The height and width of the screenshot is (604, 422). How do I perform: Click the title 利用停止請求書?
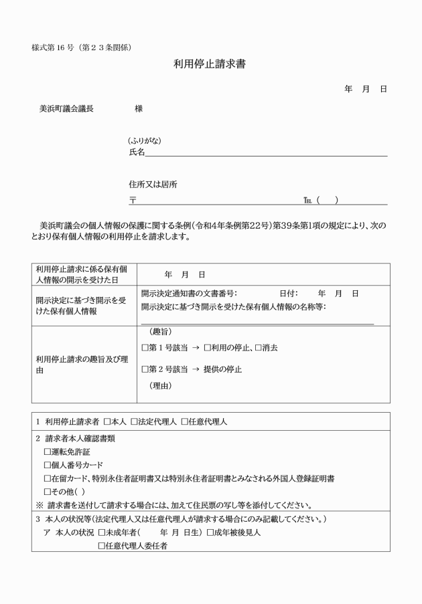click(211, 64)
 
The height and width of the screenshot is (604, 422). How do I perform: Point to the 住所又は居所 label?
click(153, 185)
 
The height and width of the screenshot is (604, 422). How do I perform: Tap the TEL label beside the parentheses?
click(308, 200)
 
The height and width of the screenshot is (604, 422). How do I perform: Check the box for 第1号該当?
click(145, 348)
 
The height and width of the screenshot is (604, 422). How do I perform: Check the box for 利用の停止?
click(208, 348)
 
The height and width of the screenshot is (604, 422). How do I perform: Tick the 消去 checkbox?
click(259, 348)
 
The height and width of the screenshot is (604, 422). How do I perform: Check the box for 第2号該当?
click(145, 369)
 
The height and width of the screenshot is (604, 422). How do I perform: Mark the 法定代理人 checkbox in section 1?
click(134, 422)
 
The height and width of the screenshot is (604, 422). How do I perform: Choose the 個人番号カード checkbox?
click(48, 466)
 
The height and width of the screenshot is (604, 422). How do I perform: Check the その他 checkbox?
click(48, 492)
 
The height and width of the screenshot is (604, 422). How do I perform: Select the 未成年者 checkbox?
click(102, 533)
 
